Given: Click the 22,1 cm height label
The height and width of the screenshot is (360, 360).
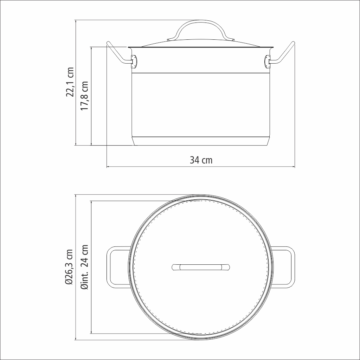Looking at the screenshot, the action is click(70, 82).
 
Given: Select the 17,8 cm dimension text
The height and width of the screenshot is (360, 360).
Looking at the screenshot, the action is click(84, 96).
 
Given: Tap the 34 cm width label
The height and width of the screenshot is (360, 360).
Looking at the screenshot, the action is click(201, 160).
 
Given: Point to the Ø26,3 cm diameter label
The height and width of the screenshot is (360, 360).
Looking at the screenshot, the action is click(69, 267).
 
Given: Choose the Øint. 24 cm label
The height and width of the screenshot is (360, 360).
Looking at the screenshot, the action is click(84, 267).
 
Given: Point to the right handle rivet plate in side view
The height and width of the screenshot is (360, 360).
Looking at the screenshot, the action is click(268, 62).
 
